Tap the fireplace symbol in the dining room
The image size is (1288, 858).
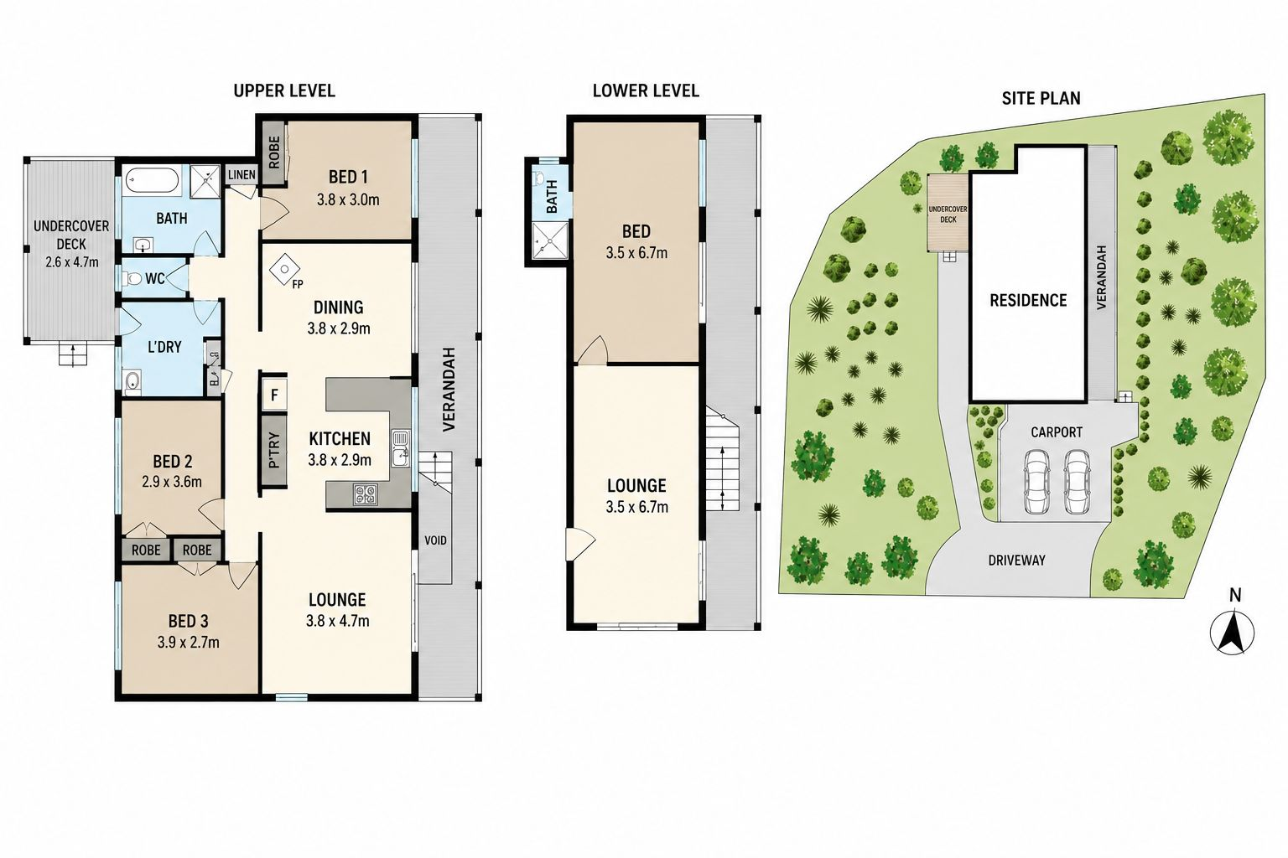point(285,269)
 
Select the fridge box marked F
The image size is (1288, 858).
point(274,395)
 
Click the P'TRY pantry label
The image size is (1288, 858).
point(274,450)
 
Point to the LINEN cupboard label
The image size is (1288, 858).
point(241,174)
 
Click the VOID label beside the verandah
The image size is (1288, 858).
point(435,540)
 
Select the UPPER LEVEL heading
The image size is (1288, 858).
point(284,90)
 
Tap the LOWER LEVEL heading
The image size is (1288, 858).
point(646,90)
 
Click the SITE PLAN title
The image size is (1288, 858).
point(1041,98)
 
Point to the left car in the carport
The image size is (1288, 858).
point(1037,482)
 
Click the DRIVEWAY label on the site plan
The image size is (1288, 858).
point(1016,560)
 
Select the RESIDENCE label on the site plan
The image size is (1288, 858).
point(1028,300)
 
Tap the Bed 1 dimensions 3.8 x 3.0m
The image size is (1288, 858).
point(348,200)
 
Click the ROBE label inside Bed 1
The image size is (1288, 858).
point(274,152)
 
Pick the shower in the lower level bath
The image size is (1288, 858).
point(548,240)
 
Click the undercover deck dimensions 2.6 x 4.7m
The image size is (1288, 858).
point(72,262)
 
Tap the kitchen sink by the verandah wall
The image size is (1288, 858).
point(401,448)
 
